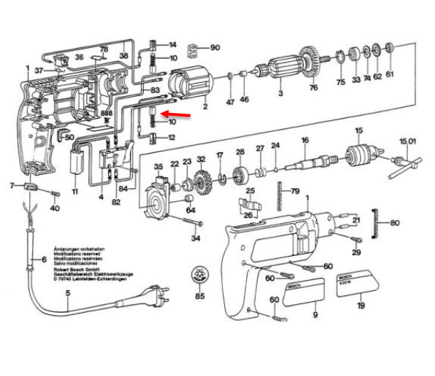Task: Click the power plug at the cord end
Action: point(157,294)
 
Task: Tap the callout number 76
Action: point(313,88)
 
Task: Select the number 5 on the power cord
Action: point(68,294)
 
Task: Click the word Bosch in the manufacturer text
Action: point(67,271)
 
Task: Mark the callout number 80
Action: point(395,222)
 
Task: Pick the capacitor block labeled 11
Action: point(78,163)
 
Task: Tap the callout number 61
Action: point(389,74)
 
